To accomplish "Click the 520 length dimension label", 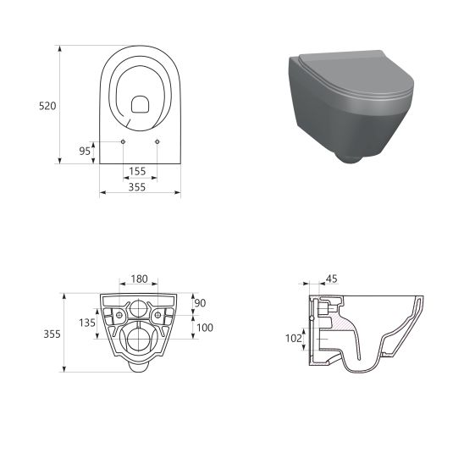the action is [x=47, y=106].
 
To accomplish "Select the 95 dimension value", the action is [x=85, y=152].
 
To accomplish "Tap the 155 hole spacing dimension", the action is [x=137, y=171].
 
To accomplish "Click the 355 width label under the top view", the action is [x=136, y=187].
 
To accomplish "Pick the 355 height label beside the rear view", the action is [x=52, y=334].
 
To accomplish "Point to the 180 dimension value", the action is [x=139, y=279].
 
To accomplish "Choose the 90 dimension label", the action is [x=200, y=303].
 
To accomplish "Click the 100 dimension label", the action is [x=205, y=328].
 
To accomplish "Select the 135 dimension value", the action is [x=87, y=323].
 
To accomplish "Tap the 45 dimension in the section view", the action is [x=331, y=279].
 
